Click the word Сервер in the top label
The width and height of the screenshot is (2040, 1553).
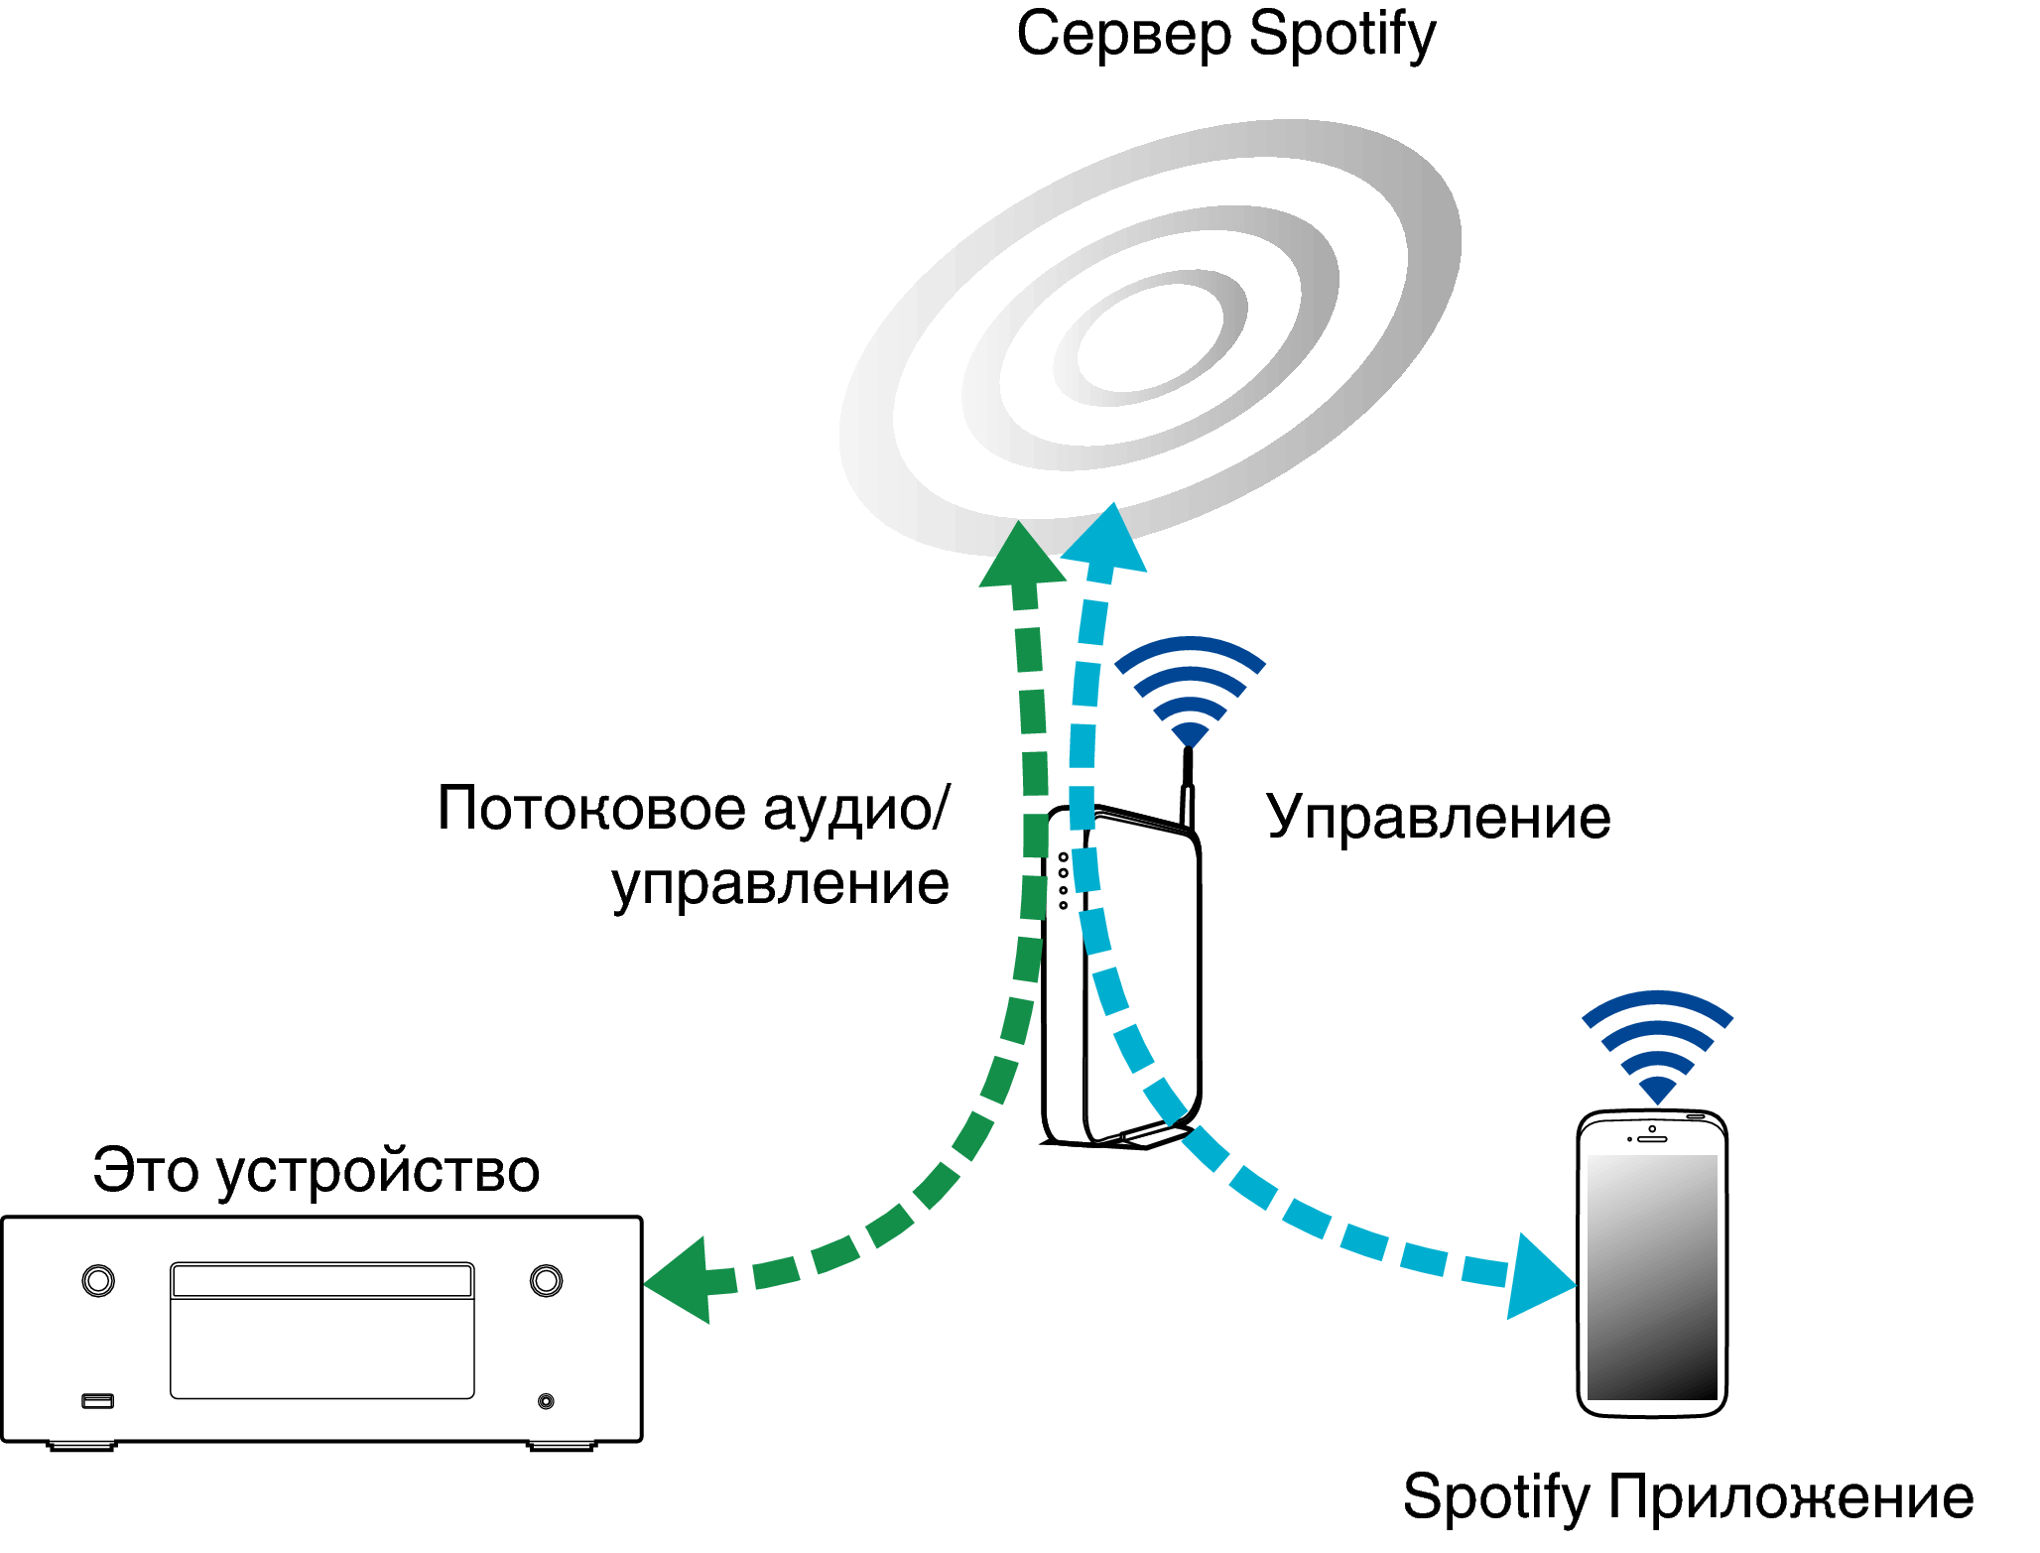coord(1123,36)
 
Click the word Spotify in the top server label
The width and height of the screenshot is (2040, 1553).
coord(1341,36)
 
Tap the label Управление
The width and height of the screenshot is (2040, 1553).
coord(1439,819)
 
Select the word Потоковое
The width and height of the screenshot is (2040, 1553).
coord(591,809)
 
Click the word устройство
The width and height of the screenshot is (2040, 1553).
coord(378,1172)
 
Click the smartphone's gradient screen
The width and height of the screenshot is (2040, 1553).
coord(1652,1277)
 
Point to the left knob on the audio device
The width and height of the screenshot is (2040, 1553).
coord(98,1280)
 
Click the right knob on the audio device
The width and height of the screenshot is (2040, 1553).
coord(546,1280)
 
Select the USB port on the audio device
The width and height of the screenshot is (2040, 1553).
coord(97,1400)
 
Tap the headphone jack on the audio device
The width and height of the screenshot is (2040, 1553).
coord(546,1401)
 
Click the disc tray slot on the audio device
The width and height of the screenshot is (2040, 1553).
coord(321,1280)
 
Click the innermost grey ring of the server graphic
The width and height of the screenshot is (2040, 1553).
coord(1151,337)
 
